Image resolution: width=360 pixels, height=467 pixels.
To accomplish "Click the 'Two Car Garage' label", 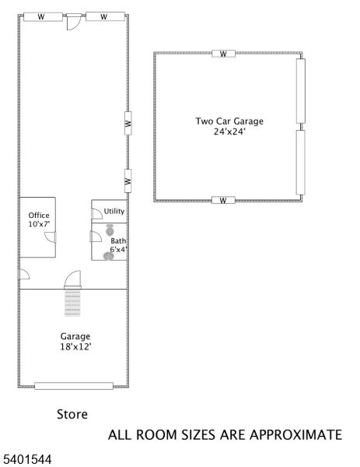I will [x=229, y=121].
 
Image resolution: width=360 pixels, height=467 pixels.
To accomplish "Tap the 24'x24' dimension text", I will [x=229, y=132].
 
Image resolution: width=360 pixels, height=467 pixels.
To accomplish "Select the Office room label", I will [x=39, y=216].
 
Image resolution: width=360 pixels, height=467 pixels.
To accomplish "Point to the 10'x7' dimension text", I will [x=39, y=225].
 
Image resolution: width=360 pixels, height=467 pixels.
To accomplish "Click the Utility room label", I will [x=114, y=211].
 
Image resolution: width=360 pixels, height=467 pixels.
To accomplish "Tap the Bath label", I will [x=118, y=241].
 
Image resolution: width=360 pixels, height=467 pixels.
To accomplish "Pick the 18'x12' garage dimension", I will [x=75, y=346].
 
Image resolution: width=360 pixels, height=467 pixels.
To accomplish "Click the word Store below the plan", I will [x=72, y=414].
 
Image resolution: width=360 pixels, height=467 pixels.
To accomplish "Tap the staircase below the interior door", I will [x=73, y=303].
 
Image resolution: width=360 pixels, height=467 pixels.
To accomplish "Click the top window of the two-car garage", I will [x=223, y=54].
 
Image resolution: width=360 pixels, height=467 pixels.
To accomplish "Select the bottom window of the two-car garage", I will [x=223, y=200].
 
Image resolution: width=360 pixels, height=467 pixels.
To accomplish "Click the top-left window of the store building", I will [x=43, y=16].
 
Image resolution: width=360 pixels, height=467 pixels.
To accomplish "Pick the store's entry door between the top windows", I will [x=72, y=23].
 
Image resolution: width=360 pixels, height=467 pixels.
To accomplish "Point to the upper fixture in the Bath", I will [x=110, y=230].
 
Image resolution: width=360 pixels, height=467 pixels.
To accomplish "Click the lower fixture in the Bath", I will [x=108, y=255].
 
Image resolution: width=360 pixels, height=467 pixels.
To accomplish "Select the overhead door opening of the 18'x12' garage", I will [x=74, y=385].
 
